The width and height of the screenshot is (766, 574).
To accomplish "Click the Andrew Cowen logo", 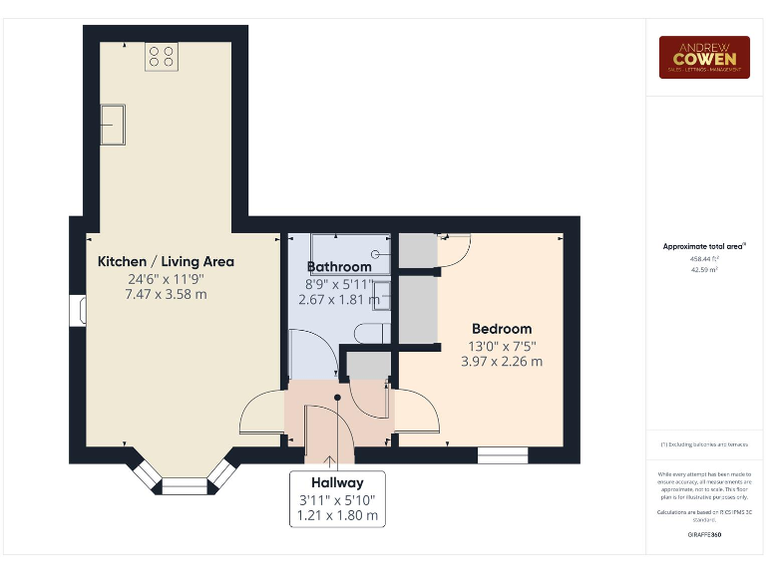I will point(703,57).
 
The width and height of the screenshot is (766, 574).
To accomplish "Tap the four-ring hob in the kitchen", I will point(161,57).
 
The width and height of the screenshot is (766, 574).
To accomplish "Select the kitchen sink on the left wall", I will point(113,124).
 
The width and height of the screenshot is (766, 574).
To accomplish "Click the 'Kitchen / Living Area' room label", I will point(166,261).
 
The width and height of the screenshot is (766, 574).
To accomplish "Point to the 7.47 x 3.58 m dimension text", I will point(166,294).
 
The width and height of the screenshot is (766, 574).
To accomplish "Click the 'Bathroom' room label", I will point(339,267).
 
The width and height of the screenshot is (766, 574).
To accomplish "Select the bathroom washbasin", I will point(381,289).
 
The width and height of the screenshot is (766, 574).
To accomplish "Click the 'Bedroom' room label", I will point(502,329).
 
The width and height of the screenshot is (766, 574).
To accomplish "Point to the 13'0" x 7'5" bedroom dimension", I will point(502,346).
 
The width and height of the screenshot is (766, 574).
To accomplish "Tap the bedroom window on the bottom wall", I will point(503,455).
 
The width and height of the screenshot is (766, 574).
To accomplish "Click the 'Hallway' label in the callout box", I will point(336,482).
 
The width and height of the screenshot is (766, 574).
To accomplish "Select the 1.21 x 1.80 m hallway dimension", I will point(337,515).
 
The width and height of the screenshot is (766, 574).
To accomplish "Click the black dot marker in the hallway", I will point(338,397).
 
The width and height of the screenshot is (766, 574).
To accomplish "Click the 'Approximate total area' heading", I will point(703,246).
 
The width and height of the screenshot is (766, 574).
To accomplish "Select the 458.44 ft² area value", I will point(703,259).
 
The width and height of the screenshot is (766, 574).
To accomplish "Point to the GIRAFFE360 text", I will point(704,535).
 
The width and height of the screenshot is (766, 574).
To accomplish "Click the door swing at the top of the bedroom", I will point(450,249).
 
